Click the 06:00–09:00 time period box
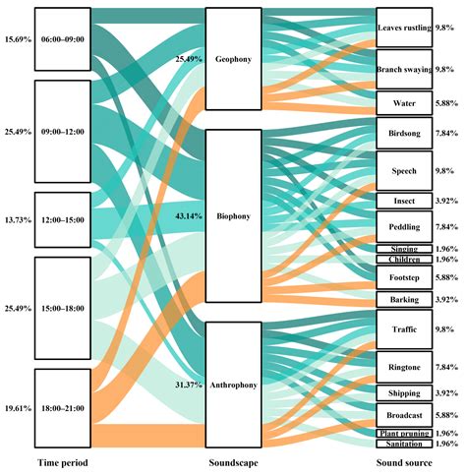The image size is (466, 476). (62, 38)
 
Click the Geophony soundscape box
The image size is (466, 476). (233, 58)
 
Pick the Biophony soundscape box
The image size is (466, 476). (233, 215)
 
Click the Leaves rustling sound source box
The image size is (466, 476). (403, 29)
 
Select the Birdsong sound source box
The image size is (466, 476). (403, 133)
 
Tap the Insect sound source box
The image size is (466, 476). (403, 201)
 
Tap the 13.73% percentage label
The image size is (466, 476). (17, 218)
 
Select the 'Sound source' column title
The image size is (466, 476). (404, 461)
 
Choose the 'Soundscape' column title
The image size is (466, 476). (234, 461)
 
